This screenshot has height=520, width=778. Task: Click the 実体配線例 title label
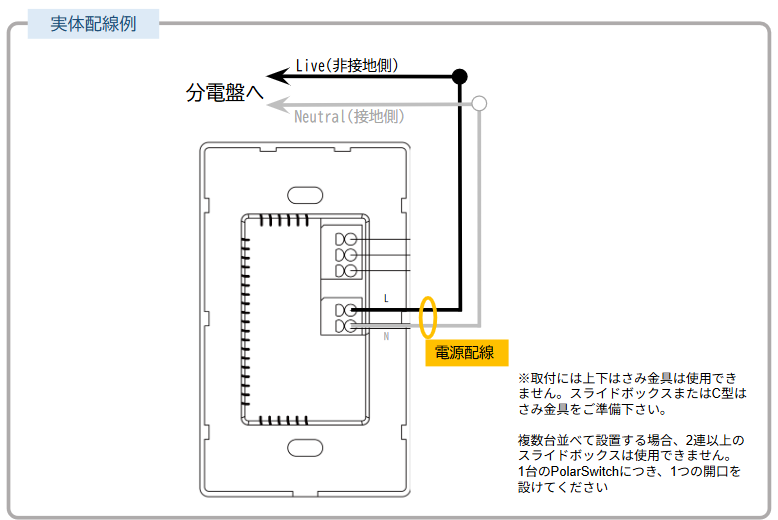coord(93,24)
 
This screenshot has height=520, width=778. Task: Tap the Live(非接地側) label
coord(347,65)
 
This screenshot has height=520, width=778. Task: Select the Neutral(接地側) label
coord(349,117)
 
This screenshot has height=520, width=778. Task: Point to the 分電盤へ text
coord(224,92)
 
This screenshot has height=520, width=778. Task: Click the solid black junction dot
coord(460,76)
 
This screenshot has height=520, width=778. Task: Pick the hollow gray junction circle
coord(479,104)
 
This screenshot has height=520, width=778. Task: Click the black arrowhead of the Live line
coord(278,76)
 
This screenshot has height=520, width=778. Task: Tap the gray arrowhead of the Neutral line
coord(278,104)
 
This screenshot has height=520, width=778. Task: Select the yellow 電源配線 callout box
coord(467,353)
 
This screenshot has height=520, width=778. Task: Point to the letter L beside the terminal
coord(386,298)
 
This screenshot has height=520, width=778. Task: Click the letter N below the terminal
coord(386,336)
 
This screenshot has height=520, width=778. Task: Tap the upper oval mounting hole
coord(305,195)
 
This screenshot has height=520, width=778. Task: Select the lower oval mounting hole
coord(305,448)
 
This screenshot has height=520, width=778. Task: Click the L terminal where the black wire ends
coord(350,311)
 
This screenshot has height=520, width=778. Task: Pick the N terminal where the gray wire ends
coord(350,326)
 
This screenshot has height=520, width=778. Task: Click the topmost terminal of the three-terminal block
coord(350,240)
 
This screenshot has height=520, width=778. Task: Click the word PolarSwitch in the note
coord(585,471)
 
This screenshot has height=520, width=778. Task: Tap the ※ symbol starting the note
coord(524,378)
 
